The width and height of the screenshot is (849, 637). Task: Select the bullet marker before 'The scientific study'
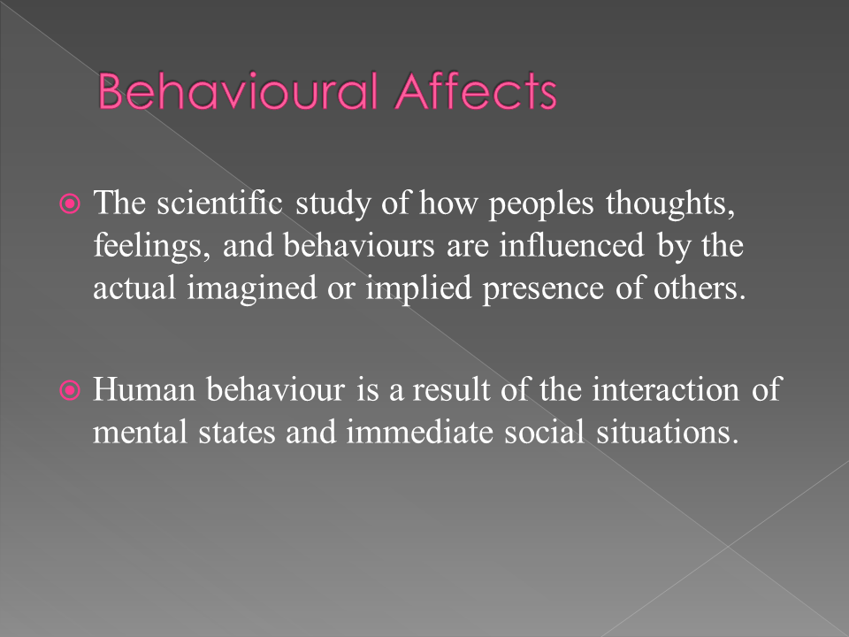[74, 204]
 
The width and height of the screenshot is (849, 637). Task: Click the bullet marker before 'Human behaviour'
[74, 390]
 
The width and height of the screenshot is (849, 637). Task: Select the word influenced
[571, 245]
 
